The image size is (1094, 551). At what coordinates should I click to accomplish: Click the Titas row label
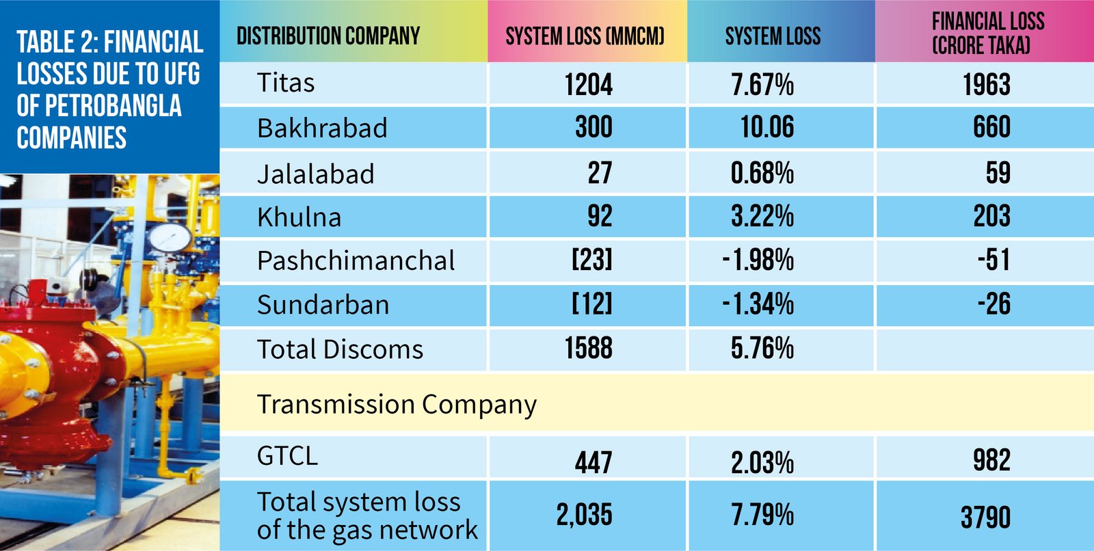click(x=286, y=83)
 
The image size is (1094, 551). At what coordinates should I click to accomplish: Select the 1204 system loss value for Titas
click(x=588, y=85)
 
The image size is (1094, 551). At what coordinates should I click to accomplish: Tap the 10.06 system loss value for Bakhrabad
click(x=767, y=127)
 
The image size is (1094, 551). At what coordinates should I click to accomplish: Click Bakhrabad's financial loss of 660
click(x=991, y=127)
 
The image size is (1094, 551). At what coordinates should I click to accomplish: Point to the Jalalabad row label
click(x=316, y=174)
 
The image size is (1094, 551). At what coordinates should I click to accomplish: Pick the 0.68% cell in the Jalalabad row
click(x=762, y=173)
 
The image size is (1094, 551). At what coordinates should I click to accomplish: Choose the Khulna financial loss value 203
click(x=991, y=217)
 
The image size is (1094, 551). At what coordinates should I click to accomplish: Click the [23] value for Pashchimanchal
click(x=592, y=260)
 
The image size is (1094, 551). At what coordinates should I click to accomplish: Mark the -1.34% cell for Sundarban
click(x=758, y=304)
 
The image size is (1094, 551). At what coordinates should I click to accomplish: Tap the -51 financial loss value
click(x=993, y=260)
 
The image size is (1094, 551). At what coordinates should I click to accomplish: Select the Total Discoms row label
click(x=340, y=349)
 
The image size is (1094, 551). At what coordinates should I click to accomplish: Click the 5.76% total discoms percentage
click(x=762, y=349)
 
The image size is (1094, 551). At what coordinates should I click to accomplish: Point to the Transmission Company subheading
click(x=397, y=405)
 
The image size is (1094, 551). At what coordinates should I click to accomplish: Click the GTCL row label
click(x=287, y=456)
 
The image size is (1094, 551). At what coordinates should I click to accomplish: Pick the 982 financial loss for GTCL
click(x=991, y=460)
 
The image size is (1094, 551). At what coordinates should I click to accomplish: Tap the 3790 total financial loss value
click(x=985, y=518)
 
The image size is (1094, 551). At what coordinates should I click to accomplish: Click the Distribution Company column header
click(x=328, y=36)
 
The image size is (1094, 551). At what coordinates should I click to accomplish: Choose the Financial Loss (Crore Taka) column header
click(x=987, y=33)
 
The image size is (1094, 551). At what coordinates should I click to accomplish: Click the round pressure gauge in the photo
click(x=170, y=237)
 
